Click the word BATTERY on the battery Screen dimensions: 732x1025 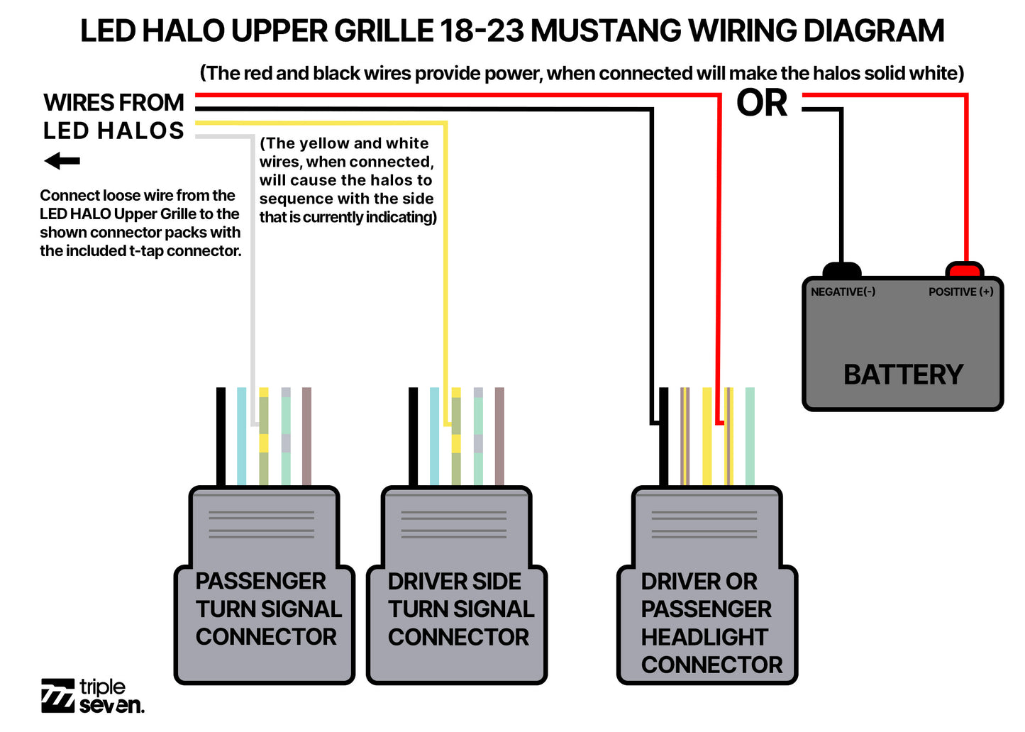click(903, 375)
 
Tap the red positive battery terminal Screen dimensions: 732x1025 click(965, 270)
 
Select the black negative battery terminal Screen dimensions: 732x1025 click(842, 270)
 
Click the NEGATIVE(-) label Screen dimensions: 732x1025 click(843, 292)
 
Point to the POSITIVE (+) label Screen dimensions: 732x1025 click(960, 292)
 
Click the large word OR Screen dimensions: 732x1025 click(762, 104)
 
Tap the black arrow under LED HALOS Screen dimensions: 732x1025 click(62, 161)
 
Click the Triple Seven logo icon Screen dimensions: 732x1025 click(57, 695)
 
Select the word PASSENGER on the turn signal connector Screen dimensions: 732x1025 click(260, 581)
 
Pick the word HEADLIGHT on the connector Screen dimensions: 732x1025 click(704, 637)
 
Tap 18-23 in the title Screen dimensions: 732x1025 click(482, 31)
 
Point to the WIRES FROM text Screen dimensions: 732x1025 click(113, 103)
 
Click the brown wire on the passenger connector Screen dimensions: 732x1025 click(306, 436)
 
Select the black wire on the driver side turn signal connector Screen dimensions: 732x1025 click(414, 436)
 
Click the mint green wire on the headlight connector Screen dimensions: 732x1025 click(750, 436)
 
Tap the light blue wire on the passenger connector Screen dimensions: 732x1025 click(242, 436)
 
